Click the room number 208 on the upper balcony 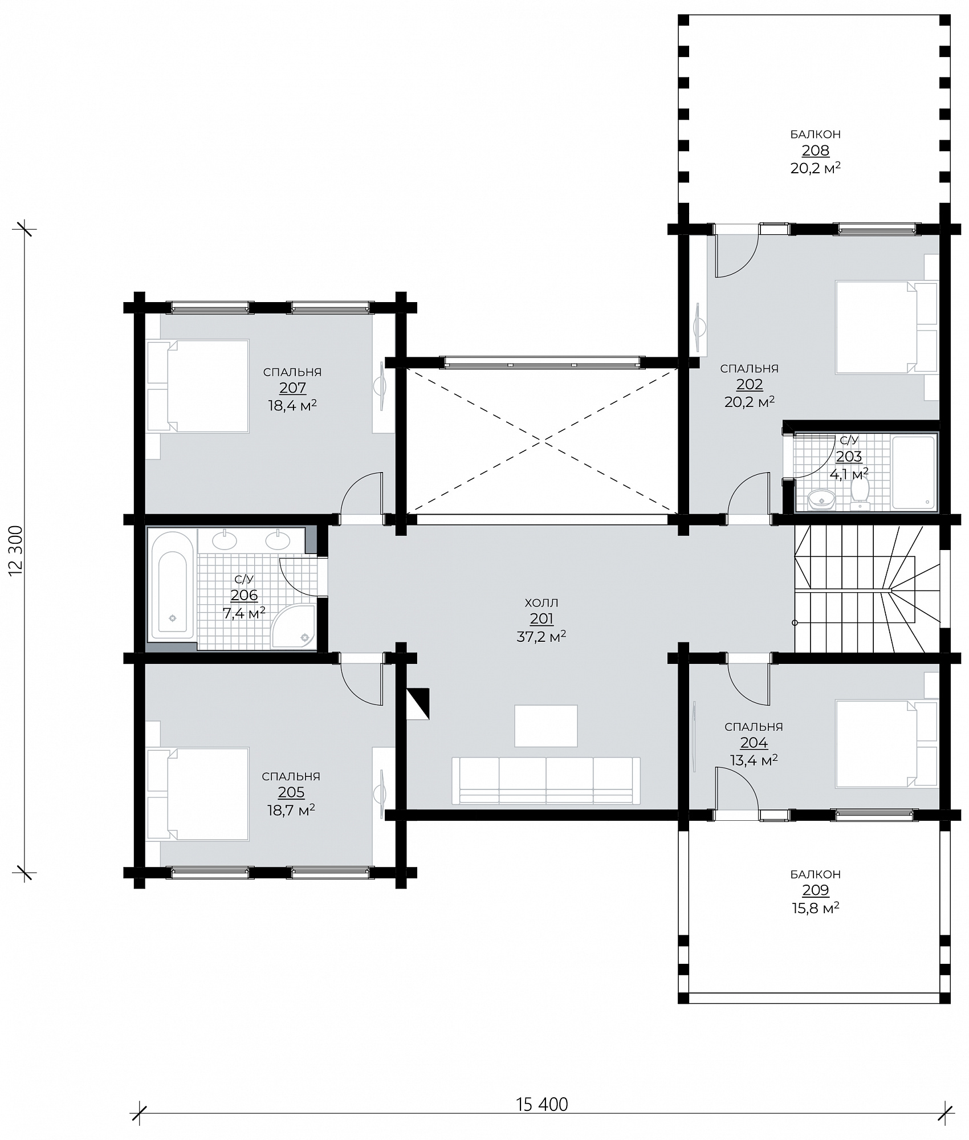(x=815, y=151)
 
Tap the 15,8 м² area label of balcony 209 (x=815, y=907)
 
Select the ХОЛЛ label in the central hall (x=541, y=602)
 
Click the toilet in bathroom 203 (x=859, y=493)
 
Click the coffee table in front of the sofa (x=546, y=726)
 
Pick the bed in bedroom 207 (x=198, y=386)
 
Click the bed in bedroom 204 (x=886, y=744)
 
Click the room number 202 (x=750, y=385)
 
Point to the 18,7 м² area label (x=291, y=810)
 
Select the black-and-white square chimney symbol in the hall (x=417, y=704)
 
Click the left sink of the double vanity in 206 (x=226, y=540)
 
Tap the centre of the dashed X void (x=542, y=441)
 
